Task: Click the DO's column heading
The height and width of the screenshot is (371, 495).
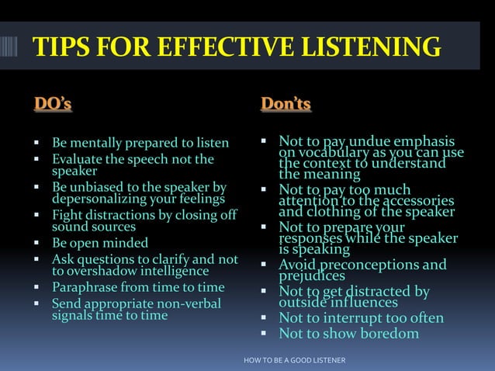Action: [x=54, y=104]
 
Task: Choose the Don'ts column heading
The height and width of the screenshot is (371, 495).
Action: [x=286, y=104]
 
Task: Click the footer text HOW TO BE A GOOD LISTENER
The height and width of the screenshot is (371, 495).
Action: [x=294, y=361]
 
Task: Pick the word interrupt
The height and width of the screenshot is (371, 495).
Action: [x=355, y=318]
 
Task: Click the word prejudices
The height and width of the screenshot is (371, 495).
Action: [x=312, y=276]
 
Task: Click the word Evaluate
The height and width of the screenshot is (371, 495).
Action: [x=78, y=160]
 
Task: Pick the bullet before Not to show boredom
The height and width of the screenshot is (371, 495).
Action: [x=263, y=335]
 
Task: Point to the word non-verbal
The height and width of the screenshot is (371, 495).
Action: [x=182, y=303]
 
